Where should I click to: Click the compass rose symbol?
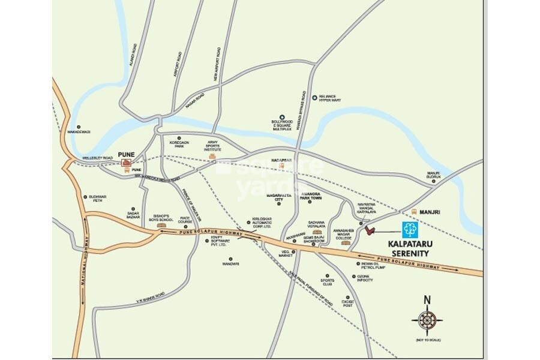pyautogui.click(x=427, y=320)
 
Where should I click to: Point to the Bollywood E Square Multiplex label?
pyautogui.click(x=281, y=125)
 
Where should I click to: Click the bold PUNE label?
pyautogui.click(x=126, y=154)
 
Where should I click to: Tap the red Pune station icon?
pyautogui.click(x=126, y=162)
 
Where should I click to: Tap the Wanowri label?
pyautogui.click(x=230, y=263)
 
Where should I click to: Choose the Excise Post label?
pyautogui.click(x=348, y=303)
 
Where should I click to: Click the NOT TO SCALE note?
pyautogui.click(x=427, y=340)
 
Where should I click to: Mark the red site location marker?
pyautogui.click(x=370, y=230)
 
